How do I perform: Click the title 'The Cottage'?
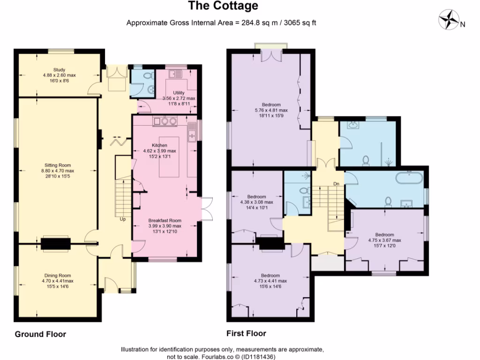coord(223,6)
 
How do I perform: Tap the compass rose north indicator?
coord(450,20)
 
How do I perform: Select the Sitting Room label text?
coord(58,165)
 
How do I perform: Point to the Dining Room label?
coord(58,276)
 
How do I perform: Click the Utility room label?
coord(179,93)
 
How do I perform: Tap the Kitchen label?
coord(159,145)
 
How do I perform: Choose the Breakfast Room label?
coord(165,220)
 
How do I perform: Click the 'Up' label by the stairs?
coord(123,219)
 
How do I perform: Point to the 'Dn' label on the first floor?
coord(336,184)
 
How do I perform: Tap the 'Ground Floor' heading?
coord(40,334)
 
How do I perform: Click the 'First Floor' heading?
coord(246,334)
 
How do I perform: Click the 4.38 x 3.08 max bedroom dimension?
coord(256,202)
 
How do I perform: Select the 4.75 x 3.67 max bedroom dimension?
coord(384,240)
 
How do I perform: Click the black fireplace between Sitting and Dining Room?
coord(56,244)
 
